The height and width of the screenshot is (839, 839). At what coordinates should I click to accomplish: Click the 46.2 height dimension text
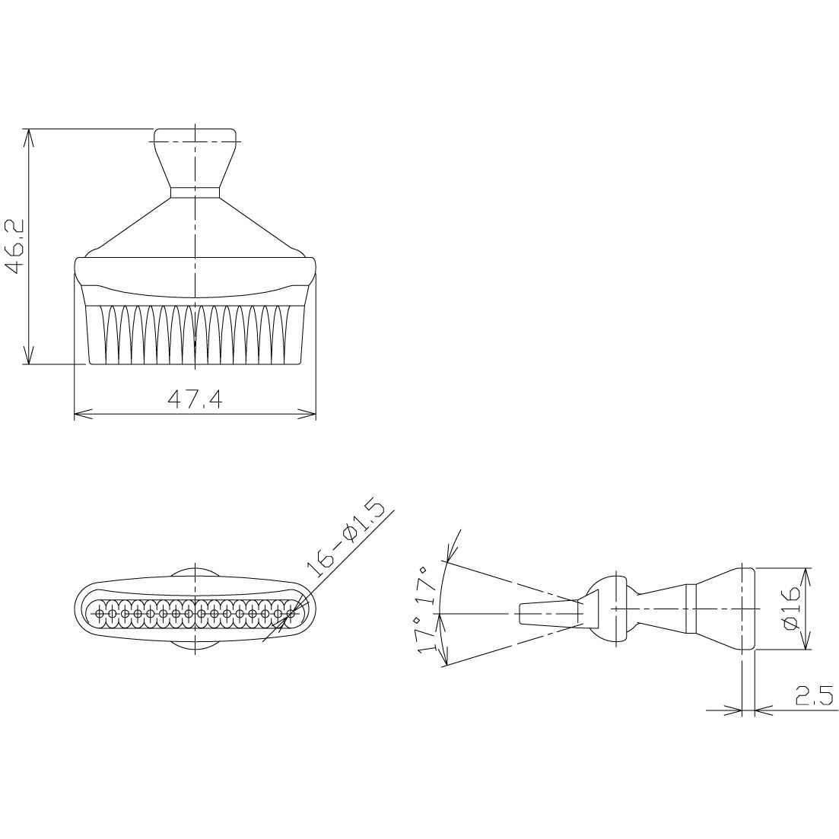tap(14, 246)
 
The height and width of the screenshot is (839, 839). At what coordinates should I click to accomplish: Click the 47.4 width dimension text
tap(195, 399)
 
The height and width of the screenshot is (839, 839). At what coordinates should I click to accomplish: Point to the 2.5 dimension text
tap(815, 695)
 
